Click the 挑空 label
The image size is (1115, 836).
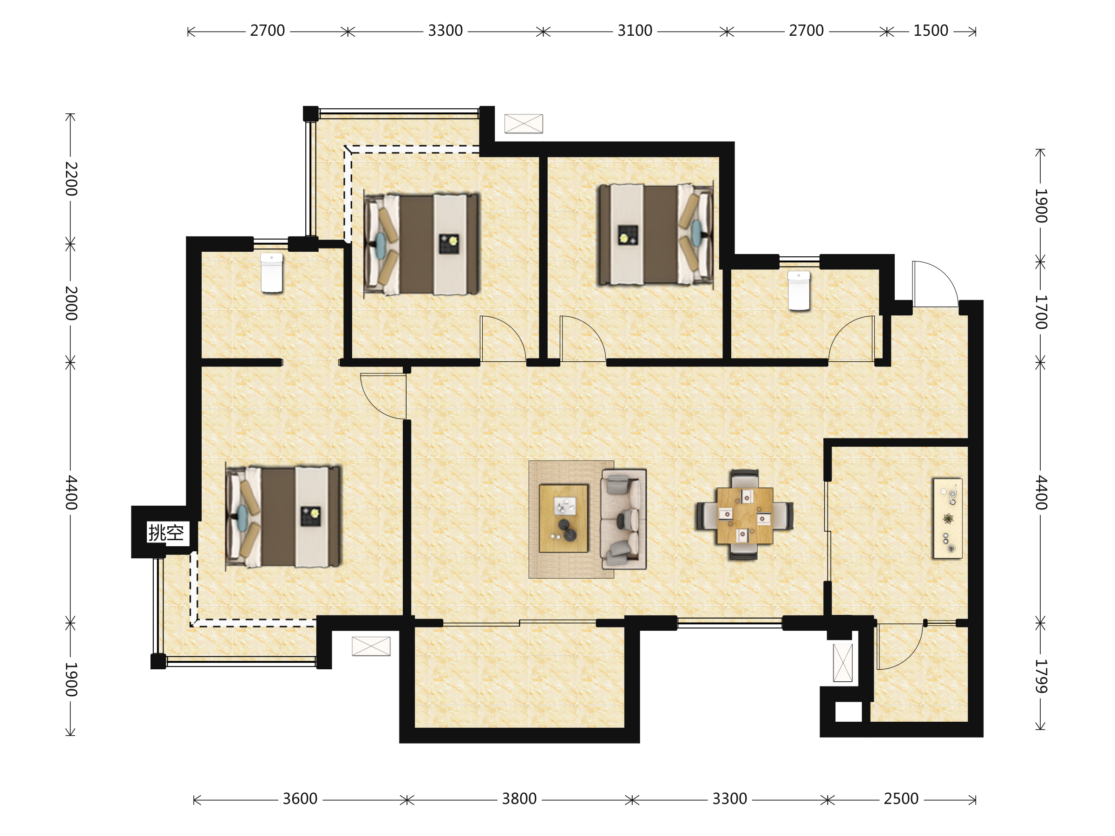tap(166, 532)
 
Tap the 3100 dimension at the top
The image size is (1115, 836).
tap(635, 31)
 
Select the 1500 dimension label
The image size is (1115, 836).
tap(931, 31)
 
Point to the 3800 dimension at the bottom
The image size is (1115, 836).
tap(519, 799)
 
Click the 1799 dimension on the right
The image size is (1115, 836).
tap(1041, 676)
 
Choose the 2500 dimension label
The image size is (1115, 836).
tap(901, 799)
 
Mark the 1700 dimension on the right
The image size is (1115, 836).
tap(1041, 313)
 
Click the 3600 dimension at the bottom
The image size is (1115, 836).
tap(300, 799)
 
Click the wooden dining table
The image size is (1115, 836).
tap(745, 516)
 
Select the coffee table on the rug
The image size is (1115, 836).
tap(564, 518)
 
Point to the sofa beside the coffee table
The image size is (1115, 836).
tap(623, 519)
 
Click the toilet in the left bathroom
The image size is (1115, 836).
tap(272, 273)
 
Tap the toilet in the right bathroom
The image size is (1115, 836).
tap(799, 291)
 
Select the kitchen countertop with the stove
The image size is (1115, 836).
tap(948, 518)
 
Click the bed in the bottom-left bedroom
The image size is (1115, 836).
tap(283, 516)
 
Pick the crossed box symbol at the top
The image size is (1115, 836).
tap(524, 124)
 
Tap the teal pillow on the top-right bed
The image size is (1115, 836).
tap(696, 230)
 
